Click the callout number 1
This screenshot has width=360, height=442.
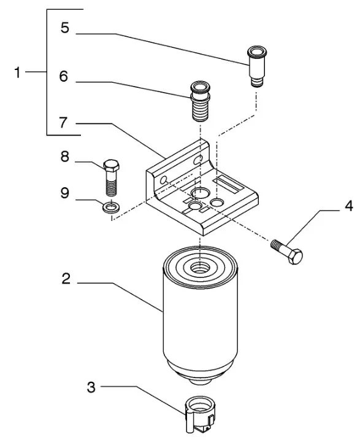pos(17,72)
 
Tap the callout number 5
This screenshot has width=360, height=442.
pos(65,28)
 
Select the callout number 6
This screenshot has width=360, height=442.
pos(64,76)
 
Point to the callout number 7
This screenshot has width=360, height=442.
pos(63,123)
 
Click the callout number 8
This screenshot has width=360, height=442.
pos(65,157)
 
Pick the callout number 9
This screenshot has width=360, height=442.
pos(65,193)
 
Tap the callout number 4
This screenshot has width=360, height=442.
pos(349,206)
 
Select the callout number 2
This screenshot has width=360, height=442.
pos(66,279)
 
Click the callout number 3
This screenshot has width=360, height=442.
pos(91,387)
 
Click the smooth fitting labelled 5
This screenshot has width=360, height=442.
pos(256,66)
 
